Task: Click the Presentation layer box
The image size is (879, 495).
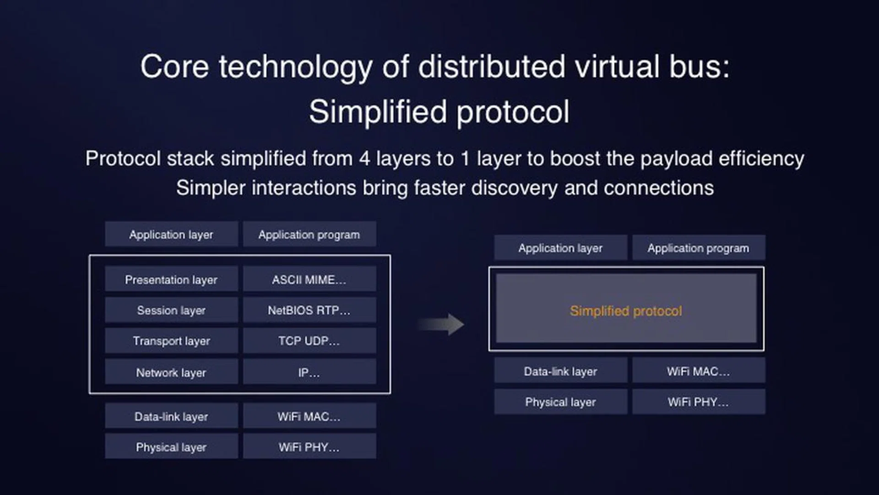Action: (171, 279)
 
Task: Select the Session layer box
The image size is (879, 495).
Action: (171, 310)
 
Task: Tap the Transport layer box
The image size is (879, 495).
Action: (171, 341)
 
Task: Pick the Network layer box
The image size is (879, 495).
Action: (171, 372)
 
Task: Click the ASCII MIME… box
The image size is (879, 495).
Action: (309, 279)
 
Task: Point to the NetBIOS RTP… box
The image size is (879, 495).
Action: (309, 310)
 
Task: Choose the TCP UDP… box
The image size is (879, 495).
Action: (309, 341)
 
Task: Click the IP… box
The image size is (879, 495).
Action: (309, 372)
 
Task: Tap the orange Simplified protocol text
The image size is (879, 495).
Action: (626, 311)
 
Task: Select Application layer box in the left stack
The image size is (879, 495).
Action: (171, 234)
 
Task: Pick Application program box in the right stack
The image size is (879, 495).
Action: (698, 248)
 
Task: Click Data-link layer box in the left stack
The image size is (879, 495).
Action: (171, 416)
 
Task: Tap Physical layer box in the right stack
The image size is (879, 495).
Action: (560, 402)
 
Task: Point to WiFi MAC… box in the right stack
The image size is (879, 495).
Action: (698, 371)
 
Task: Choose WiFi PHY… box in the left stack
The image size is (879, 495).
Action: (309, 447)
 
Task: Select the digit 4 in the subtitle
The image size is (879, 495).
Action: (364, 159)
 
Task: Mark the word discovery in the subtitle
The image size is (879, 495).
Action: (514, 188)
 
